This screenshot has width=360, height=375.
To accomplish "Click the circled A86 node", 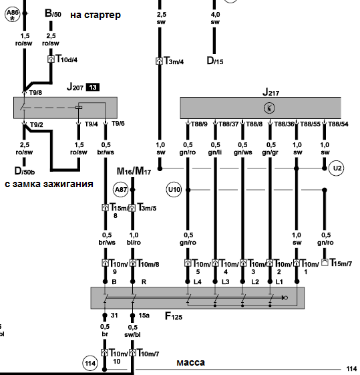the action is [x=13, y=14].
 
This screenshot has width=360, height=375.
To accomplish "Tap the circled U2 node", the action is [x=337, y=168].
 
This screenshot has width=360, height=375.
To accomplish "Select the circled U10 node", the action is [x=174, y=190].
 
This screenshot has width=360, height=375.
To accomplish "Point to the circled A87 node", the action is [x=120, y=190].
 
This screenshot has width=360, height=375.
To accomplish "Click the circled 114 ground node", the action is [x=90, y=363].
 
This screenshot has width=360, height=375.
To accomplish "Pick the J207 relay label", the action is [x=75, y=87].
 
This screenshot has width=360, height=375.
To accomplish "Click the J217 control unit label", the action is [x=271, y=92].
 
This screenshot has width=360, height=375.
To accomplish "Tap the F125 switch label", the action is [x=174, y=316].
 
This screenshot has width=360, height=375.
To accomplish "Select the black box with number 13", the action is [x=93, y=87].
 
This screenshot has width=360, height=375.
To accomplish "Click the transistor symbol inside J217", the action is [x=269, y=108].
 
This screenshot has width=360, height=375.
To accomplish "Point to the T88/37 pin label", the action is [x=228, y=124].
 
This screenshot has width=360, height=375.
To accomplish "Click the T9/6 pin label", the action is [x=118, y=124].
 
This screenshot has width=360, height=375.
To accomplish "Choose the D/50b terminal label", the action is [x=25, y=171].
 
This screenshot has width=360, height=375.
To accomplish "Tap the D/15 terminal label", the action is [x=215, y=61].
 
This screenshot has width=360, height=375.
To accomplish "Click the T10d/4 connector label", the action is [x=66, y=59].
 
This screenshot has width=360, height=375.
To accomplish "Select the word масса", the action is [x=190, y=362].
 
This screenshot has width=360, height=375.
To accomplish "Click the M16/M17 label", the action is [x=134, y=171].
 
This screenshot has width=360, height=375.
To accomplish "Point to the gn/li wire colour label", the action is [x=215, y=152].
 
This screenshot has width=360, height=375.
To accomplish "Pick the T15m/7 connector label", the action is [x=341, y=263].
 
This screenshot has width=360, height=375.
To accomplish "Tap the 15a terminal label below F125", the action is [x=144, y=316].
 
